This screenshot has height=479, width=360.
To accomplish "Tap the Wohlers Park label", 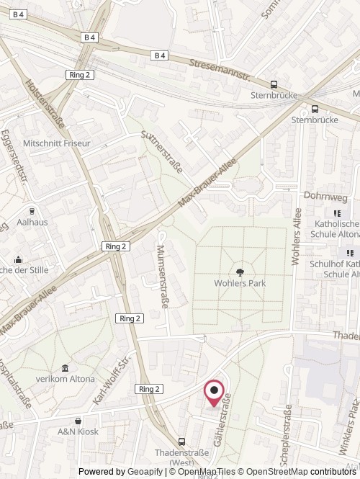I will click(240, 283).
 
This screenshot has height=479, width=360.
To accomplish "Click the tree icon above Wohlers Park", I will click(240, 272).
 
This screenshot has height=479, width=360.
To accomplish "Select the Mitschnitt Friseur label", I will click(57, 143).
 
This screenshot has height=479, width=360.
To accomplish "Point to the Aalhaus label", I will click(32, 222).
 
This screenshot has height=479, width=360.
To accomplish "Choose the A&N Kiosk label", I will click(78, 431).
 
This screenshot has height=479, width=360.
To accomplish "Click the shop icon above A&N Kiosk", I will click(78, 420).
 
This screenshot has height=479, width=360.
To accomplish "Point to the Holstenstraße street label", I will click(45, 104).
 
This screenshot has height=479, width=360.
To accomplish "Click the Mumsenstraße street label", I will click(162, 276).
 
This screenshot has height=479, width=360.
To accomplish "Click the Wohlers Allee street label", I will click(296, 236).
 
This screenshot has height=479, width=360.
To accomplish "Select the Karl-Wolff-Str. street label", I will click(110, 380).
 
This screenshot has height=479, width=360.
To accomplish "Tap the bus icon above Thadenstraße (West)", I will click(181, 442).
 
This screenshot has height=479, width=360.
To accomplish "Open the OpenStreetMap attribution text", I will click(309, 472).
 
